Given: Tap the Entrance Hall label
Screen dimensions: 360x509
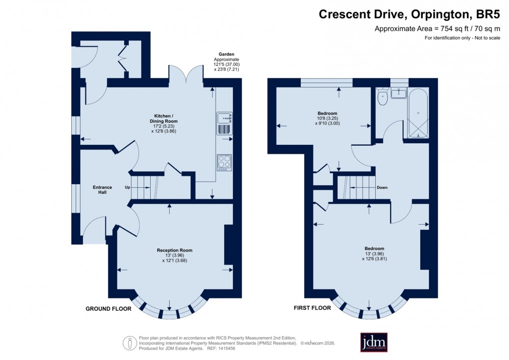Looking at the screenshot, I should click(x=102, y=190).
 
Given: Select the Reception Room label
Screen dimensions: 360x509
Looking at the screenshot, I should click(x=174, y=250).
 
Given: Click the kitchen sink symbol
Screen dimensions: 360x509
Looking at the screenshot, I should click(x=224, y=124).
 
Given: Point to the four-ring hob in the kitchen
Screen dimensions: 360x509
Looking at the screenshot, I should click(x=224, y=162).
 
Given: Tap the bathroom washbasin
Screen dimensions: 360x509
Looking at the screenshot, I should click(x=399, y=93).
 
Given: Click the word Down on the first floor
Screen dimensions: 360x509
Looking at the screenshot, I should click(x=382, y=188).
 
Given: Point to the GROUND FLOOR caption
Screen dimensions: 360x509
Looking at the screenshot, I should click(x=108, y=309).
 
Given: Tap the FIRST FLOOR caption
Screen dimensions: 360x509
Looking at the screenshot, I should click(x=312, y=308).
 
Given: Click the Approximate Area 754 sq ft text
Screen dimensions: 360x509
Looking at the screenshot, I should click(x=437, y=29).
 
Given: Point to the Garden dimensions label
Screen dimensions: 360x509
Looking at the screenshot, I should click(x=226, y=62).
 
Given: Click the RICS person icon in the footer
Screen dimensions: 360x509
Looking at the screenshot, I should click(x=130, y=343).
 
